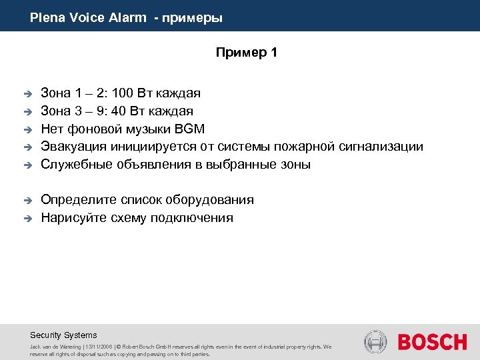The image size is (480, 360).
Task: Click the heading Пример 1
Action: (246, 53)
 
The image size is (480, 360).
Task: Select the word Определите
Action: (75, 200)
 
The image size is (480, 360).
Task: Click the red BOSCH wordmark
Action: (433, 343)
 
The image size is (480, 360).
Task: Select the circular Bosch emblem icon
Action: (375, 342)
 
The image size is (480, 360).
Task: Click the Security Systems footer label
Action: (63, 335)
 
